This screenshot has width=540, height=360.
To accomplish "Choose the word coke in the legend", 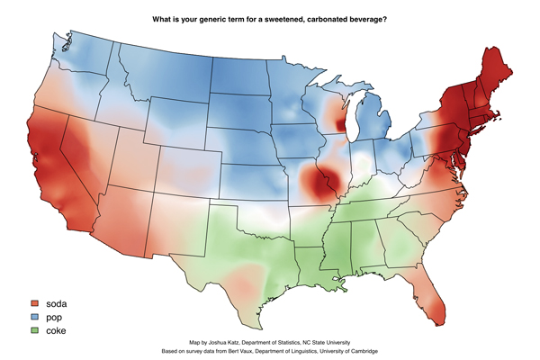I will click(58, 331).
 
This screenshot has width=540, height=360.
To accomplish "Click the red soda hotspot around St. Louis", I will click(317, 184).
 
